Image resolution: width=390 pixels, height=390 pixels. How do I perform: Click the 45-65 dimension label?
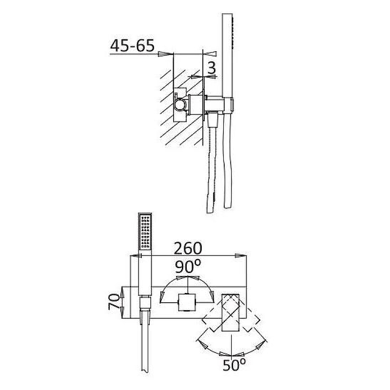pos(132,45)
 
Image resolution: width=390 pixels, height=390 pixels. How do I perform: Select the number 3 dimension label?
pos(212,68)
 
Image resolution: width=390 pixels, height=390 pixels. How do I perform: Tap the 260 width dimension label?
pos(188,248)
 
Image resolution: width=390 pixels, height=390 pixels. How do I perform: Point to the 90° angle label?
pos(188,266)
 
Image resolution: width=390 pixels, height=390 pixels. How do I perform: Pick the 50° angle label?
pos(234,365)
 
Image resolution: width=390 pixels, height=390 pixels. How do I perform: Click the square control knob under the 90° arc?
pos(187,302)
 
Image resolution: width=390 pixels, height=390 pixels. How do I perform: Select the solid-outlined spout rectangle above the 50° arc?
pos(230,312)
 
